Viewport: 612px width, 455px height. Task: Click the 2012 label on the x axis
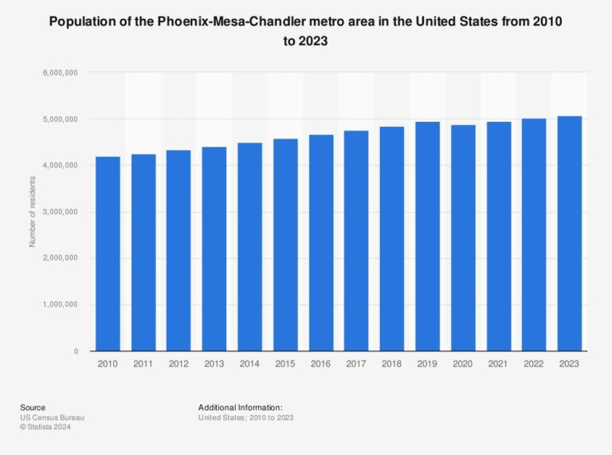pos(179,364)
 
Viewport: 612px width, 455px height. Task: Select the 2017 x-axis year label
pos(357,364)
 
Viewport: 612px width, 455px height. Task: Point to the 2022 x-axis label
pos(534,364)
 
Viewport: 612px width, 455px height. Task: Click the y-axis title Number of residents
pos(33,212)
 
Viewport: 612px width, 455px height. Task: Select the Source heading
pos(33,407)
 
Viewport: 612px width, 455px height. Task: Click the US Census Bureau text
pos(52,418)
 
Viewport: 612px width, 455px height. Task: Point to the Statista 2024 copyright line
pos(48,427)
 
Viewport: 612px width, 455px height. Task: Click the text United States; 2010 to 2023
pos(245,418)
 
